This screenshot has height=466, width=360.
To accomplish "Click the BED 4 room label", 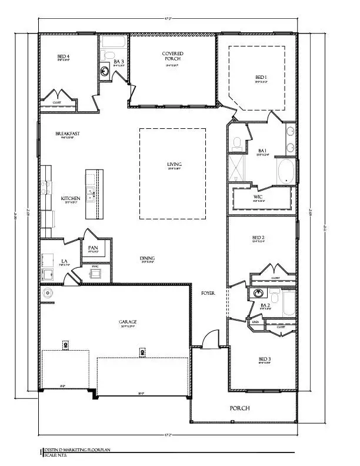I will [x=64, y=57].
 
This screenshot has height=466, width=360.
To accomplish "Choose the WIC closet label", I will [x=258, y=197].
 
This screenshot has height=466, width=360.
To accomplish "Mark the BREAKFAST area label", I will [x=68, y=134].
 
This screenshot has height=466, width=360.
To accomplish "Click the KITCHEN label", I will [x=71, y=199].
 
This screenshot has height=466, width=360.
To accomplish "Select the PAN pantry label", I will [x=93, y=248].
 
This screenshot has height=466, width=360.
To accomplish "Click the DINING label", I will [x=147, y=258].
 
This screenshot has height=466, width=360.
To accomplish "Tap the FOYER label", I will [x=208, y=292].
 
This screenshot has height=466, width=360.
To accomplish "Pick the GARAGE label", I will [x=127, y=322].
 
